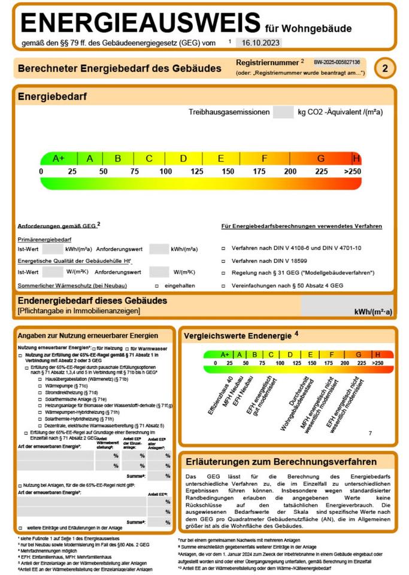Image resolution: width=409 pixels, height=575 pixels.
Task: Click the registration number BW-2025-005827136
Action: (337, 62)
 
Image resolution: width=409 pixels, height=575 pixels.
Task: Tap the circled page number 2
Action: (385, 69)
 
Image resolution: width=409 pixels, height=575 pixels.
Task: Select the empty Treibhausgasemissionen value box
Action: (281, 112)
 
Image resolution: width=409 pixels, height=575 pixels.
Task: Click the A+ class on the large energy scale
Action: (59, 159)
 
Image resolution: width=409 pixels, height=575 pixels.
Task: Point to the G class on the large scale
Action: (321, 159)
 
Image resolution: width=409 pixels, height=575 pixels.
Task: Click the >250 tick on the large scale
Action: (353, 172)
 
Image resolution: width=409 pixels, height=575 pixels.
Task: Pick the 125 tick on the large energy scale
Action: (196, 172)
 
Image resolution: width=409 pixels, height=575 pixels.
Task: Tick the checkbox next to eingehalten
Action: (157, 286)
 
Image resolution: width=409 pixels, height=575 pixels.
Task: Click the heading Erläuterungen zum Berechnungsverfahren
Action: (280, 462)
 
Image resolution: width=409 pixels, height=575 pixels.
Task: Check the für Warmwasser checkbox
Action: (127, 349)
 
